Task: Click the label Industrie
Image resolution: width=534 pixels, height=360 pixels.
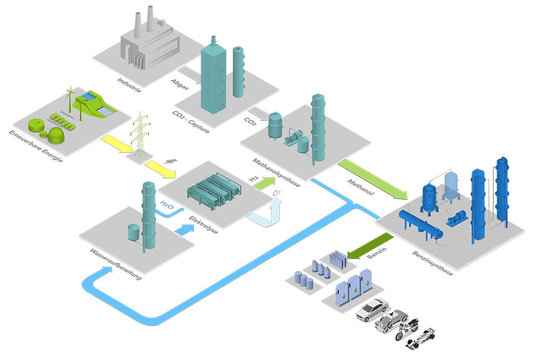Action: pos(129,85)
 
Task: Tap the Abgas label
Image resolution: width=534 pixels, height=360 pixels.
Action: pos(179,84)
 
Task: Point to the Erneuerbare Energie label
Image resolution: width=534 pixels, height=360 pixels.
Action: pos(36,146)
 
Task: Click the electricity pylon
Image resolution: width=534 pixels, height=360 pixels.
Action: pos(140,135)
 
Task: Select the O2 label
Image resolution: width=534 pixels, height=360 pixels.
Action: pos(277,193)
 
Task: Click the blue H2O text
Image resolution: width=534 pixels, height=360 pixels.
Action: pos(167,205)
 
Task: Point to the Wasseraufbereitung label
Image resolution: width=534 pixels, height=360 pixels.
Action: pos(116,264)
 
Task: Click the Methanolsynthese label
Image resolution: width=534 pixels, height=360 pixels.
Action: pos(276,173)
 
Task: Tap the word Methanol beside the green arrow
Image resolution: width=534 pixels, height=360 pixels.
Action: pos(360,187)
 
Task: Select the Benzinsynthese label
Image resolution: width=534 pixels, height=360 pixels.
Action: pos(433,263)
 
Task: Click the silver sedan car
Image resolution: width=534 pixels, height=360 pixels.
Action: pos(372,310)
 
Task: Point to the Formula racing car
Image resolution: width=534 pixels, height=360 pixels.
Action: pos(421,339)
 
